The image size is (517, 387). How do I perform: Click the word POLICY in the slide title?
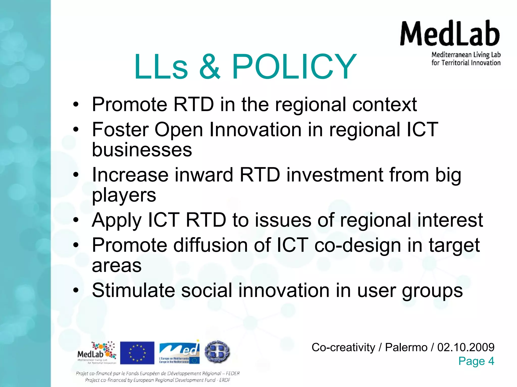tap(294, 67)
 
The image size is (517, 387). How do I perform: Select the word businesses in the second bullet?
tap(142, 150)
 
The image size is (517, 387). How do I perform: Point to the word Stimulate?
tap(133, 291)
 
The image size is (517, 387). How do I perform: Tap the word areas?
tap(117, 266)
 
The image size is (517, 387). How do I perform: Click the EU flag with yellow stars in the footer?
tap(137, 353)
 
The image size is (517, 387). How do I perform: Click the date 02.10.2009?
tap(466, 347)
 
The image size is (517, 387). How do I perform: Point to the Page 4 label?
tap(476, 361)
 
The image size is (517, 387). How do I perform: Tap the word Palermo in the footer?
tap(406, 347)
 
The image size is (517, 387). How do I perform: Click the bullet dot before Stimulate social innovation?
tap(76, 291)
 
